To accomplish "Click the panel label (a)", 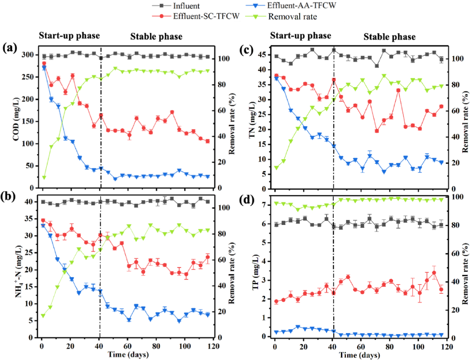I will coord(10,48).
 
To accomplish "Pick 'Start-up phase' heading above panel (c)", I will coord(300,36).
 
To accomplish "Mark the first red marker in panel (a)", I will coord(44,64).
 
